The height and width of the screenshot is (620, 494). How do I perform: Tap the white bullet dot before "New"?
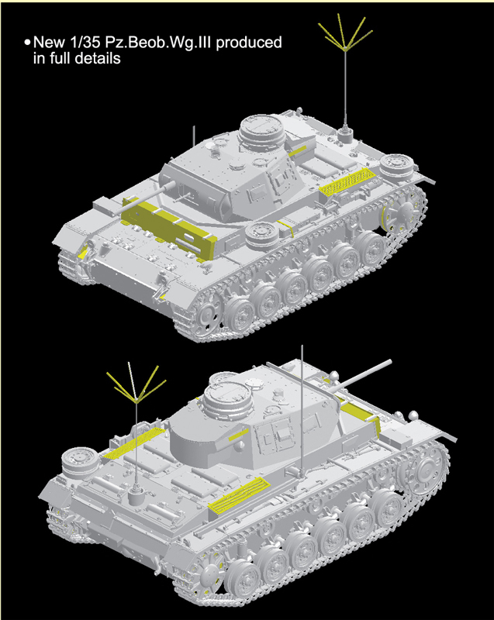pyautogui.click(x=27, y=42)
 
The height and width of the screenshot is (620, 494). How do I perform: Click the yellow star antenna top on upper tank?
pyautogui.click(x=345, y=33)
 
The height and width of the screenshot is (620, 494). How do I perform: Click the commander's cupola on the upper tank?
pyautogui.click(x=261, y=130)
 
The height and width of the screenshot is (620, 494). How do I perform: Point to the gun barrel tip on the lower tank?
pyautogui.click(x=389, y=362)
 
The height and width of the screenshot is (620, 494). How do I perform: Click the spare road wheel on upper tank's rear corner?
pyautogui.click(x=397, y=164)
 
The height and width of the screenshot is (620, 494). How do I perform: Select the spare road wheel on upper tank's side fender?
pyautogui.click(x=261, y=236)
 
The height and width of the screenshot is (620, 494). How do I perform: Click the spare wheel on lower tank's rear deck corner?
pyautogui.click(x=81, y=462)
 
